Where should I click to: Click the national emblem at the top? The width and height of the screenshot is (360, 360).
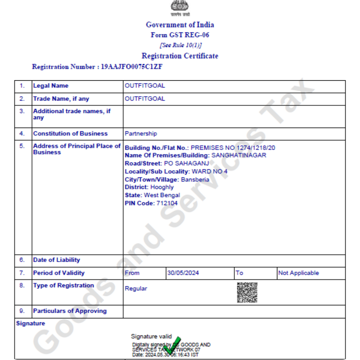[179, 6]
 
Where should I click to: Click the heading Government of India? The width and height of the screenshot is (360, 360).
[180, 25]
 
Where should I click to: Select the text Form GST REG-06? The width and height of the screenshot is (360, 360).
[180, 35]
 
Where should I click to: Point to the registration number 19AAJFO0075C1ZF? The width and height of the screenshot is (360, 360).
[132, 67]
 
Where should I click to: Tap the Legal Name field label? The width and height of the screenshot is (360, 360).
[51, 86]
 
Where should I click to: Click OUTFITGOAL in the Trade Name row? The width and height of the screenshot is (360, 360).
[145, 99]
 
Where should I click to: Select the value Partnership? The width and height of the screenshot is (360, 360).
[141, 134]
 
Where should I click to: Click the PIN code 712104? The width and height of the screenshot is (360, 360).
[167, 203]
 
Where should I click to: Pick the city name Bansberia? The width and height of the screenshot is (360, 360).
[195, 180]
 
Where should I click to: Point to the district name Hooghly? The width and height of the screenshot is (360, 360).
[162, 187]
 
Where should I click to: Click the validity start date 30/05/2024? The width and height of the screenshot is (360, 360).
[183, 273]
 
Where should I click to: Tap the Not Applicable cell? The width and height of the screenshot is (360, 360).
[298, 273]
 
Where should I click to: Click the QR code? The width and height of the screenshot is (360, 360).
[247, 292]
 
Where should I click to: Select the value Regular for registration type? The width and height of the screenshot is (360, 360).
[136, 289]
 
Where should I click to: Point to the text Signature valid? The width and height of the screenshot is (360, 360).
[151, 336]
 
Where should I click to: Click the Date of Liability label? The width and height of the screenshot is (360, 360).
[57, 260]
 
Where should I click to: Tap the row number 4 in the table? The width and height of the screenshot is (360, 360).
[22, 134]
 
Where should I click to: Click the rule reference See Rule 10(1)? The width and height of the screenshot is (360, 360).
[180, 45]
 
